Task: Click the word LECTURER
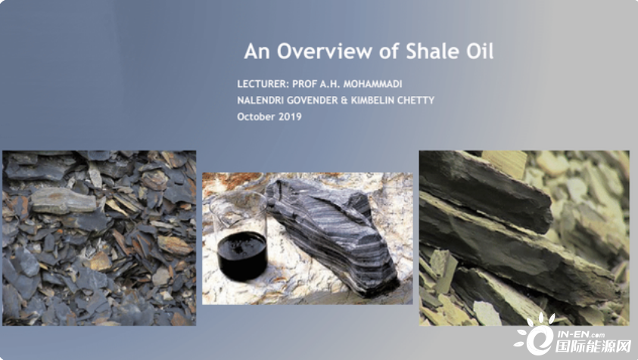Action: click(x=263, y=84)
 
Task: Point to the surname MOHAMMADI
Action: click(x=372, y=84)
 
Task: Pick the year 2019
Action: click(x=290, y=116)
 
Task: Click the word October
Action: click(x=256, y=116)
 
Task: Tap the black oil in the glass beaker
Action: click(x=242, y=255)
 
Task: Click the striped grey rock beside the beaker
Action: click(x=331, y=236)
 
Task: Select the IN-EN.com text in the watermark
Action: click(x=580, y=335)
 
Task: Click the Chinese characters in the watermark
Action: click(x=593, y=346)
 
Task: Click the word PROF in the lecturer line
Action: click(x=304, y=84)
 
